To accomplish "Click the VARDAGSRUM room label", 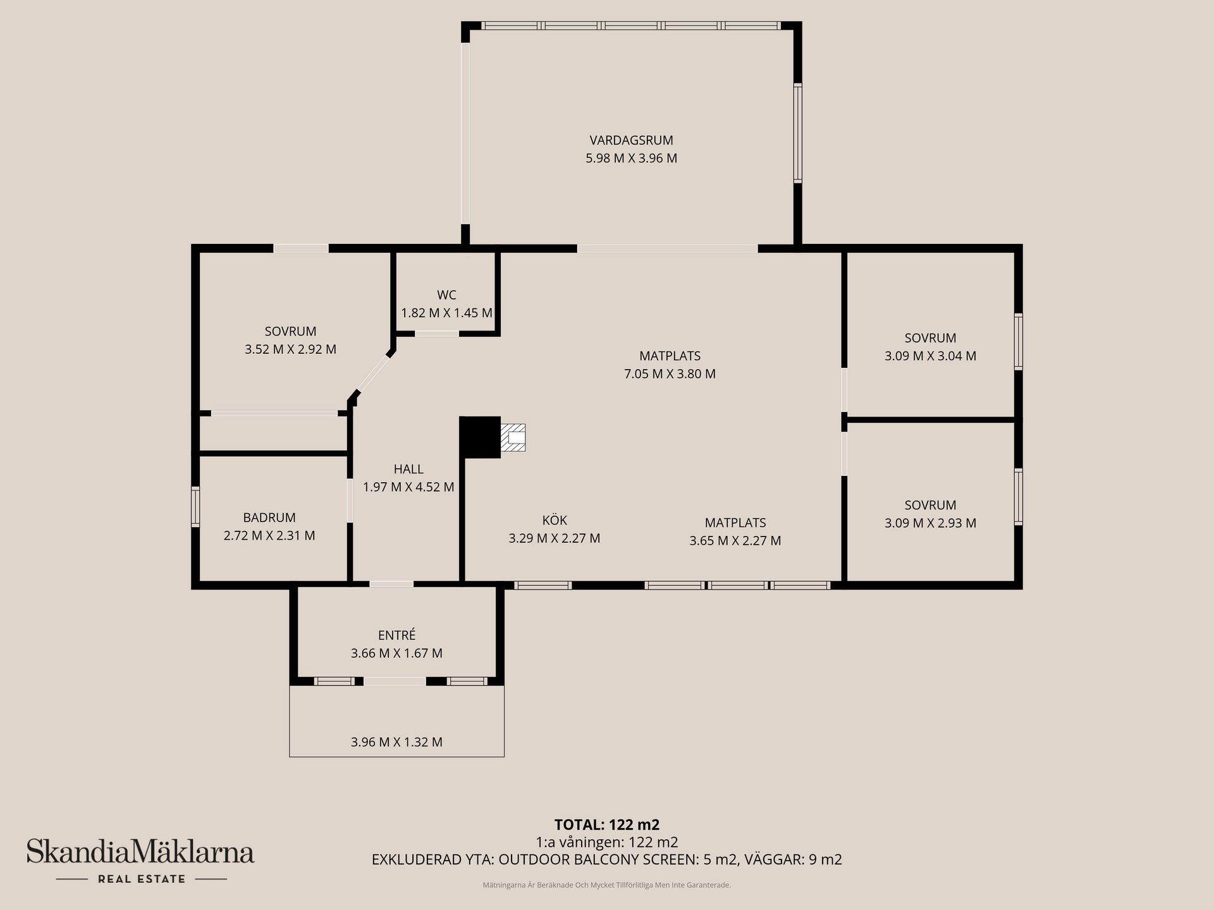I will point(631,140).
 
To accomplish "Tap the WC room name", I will point(446,295).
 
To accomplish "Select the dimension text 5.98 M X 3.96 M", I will point(631,158).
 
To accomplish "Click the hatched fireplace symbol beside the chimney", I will point(513,437).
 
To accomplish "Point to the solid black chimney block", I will point(480,437).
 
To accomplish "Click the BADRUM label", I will point(269,518).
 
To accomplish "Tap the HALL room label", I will point(408,469).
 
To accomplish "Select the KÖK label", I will point(555,520).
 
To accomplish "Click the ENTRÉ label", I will point(396,635).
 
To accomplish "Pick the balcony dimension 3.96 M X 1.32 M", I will point(396,742).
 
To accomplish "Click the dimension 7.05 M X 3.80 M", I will point(670,373).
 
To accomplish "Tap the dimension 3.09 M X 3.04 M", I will point(930,356).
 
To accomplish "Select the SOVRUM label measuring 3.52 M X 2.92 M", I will point(290,331).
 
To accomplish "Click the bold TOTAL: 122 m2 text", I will point(606,824).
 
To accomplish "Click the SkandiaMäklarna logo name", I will point(140,852).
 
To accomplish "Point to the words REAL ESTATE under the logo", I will point(141,879).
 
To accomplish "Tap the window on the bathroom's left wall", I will point(195,506).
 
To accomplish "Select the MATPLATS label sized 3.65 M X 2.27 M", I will point(735,523).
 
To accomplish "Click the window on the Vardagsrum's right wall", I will point(798,133).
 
